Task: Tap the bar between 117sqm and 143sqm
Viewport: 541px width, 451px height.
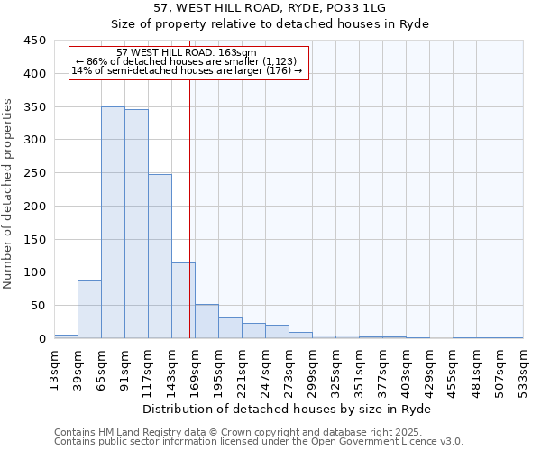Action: point(160,256)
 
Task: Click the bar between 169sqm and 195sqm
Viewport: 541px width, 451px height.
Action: point(206,321)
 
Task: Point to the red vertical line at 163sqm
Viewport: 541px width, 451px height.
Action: point(189,207)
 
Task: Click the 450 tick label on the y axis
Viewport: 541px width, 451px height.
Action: point(34,41)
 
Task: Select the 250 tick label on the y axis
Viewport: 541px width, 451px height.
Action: point(34,173)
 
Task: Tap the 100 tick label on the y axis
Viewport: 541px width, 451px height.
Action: point(34,272)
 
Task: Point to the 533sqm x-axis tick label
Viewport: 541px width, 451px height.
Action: point(524,368)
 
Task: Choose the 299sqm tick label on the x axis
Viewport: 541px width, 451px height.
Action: point(313,368)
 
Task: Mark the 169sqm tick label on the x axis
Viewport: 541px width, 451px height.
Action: point(196,368)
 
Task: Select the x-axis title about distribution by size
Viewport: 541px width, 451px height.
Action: point(288,409)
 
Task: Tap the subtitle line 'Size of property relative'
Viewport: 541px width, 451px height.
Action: point(270,23)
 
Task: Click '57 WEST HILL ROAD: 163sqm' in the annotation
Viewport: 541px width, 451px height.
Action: point(187,52)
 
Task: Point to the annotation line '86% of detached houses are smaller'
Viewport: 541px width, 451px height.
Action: point(187,61)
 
